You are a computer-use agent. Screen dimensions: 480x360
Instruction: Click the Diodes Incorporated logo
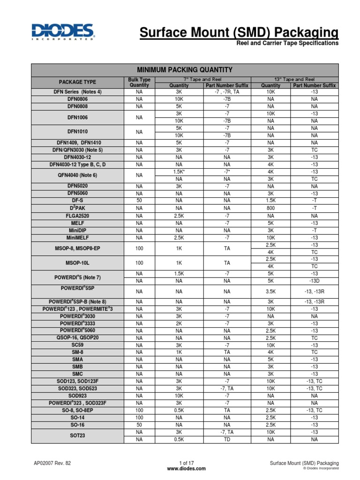click(63, 32)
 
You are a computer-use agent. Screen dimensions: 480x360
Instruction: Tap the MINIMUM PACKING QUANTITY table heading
click(184, 70)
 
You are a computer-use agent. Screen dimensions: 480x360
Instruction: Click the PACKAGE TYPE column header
click(77, 82)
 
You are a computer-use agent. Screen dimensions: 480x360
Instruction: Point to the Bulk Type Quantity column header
click(139, 82)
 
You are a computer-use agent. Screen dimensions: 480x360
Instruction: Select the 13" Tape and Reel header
click(294, 80)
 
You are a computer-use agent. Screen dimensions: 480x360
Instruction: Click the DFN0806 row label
click(77, 99)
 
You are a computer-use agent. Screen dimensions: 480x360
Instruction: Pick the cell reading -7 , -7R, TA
click(227, 92)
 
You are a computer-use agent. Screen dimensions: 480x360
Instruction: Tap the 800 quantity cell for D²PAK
click(270, 208)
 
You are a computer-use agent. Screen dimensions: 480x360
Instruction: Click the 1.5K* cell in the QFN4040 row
click(179, 172)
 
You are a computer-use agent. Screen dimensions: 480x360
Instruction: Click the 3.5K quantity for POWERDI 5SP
click(270, 291)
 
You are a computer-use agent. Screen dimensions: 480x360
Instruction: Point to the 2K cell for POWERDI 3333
click(179, 323)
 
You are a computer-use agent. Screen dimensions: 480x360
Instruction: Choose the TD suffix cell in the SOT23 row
click(227, 440)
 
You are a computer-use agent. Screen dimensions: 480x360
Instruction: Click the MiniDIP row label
click(77, 231)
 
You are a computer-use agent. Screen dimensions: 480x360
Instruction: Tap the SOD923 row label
click(77, 396)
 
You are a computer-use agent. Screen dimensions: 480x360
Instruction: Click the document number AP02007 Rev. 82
click(52, 463)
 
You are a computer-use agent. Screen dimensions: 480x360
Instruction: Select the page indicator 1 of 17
click(180, 463)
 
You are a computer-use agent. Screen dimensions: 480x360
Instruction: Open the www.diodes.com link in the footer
click(180, 469)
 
